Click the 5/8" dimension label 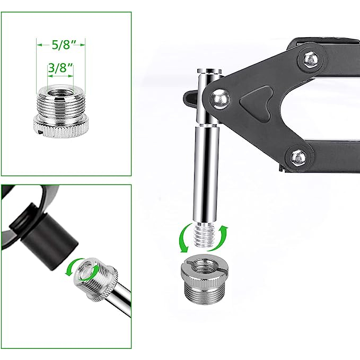(x=60, y=45)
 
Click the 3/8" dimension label (x=60, y=68)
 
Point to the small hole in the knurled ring (x=40, y=132)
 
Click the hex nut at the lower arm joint (x=298, y=157)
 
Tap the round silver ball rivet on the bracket (x=219, y=99)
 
